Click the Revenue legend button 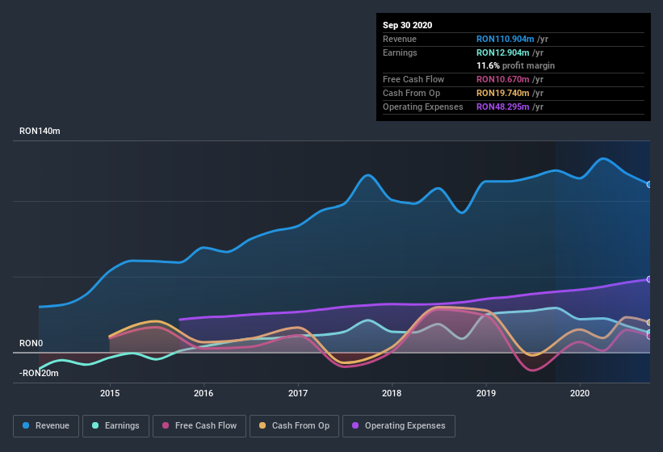(x=47, y=425)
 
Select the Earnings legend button (x=115, y=425)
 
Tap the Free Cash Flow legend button (x=199, y=425)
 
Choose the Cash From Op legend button (x=294, y=425)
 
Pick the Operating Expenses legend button (x=399, y=425)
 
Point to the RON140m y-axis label (x=40, y=131)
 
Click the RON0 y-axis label (x=31, y=343)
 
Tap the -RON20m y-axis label (x=39, y=372)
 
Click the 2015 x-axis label (x=110, y=393)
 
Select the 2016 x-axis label (x=204, y=393)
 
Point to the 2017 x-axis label (x=298, y=393)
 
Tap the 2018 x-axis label (x=392, y=393)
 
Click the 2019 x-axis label (x=486, y=393)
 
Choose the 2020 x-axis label (x=580, y=393)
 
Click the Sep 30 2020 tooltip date (x=408, y=25)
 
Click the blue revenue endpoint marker (x=649, y=184)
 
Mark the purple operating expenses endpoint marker (x=649, y=279)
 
